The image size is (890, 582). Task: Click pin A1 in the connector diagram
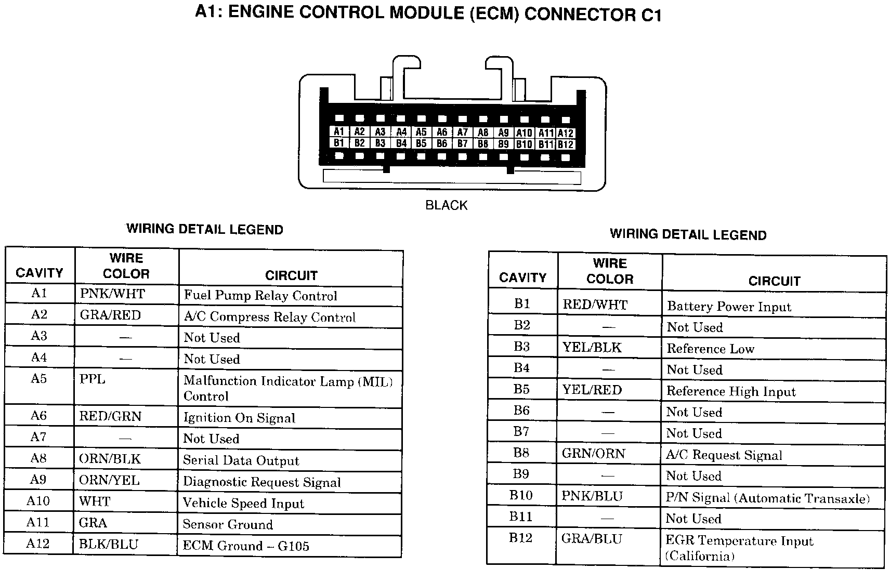click(339, 132)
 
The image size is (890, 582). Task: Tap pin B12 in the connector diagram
click(565, 144)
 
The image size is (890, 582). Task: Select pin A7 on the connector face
click(462, 133)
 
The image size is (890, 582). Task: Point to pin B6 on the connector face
click(441, 143)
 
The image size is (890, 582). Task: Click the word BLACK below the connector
click(446, 205)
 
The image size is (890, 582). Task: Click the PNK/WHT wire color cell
click(112, 294)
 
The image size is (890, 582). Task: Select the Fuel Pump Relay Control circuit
click(260, 296)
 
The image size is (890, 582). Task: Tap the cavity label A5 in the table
click(39, 378)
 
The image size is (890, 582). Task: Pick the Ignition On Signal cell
click(239, 418)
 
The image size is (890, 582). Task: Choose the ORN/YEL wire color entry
click(109, 480)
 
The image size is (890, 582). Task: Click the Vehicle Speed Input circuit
click(243, 503)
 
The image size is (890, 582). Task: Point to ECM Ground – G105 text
click(246, 546)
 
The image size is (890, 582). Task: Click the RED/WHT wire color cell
click(595, 305)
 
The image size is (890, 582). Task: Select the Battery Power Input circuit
click(729, 307)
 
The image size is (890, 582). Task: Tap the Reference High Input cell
click(731, 391)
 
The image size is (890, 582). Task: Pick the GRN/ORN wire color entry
click(593, 454)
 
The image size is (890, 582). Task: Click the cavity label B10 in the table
click(521, 495)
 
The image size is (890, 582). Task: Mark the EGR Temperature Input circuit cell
click(739, 541)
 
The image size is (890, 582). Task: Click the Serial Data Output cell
click(241, 460)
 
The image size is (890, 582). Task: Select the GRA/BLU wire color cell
click(592, 539)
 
